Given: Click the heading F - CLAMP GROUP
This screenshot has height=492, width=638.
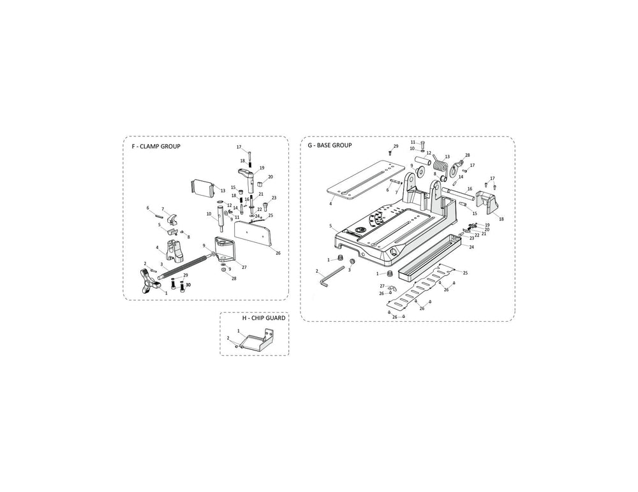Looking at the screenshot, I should [156, 147].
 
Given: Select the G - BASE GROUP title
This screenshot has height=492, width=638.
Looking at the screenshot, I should [329, 146].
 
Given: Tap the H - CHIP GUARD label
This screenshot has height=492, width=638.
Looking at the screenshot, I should [263, 318].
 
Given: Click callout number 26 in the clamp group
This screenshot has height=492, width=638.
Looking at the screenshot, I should [278, 253].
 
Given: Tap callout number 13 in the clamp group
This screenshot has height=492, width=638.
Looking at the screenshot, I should [222, 191].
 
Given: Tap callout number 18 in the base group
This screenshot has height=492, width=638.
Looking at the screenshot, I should [501, 219].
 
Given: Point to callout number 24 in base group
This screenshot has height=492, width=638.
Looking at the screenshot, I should [471, 247].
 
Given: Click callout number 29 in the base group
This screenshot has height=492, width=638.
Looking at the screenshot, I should [396, 147].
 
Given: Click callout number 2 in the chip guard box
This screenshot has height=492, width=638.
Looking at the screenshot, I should [228, 338].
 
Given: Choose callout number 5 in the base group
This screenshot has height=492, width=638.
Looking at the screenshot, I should [330, 226].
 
